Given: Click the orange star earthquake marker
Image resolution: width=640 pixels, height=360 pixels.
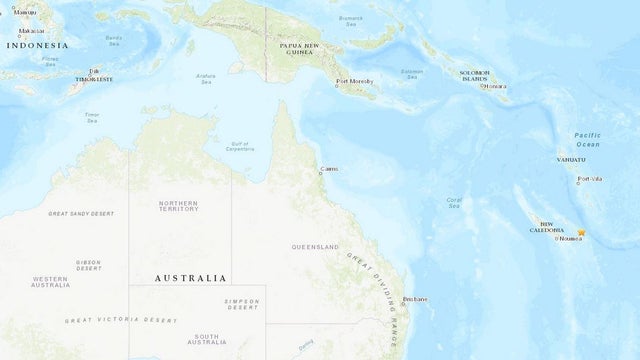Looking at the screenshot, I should pyautogui.click(x=582, y=233).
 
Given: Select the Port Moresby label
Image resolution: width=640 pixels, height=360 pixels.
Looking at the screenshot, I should pyautogui.click(x=356, y=82).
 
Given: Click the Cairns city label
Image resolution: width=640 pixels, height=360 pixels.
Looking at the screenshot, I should pyautogui.click(x=329, y=169).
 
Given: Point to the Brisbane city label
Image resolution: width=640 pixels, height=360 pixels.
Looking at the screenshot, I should pyautogui.click(x=414, y=299).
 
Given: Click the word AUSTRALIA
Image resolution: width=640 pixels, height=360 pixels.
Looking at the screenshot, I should pyautogui.click(x=190, y=277).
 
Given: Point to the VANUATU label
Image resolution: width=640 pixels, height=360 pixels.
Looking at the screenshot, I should pyautogui.click(x=571, y=160).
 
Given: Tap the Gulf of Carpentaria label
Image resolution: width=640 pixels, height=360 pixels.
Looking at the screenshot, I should pyautogui.click(x=238, y=146).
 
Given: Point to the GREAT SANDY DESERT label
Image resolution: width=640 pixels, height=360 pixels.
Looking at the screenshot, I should pyautogui.click(x=81, y=213).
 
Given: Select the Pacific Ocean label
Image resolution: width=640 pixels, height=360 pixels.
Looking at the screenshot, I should pyautogui.click(x=587, y=138).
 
